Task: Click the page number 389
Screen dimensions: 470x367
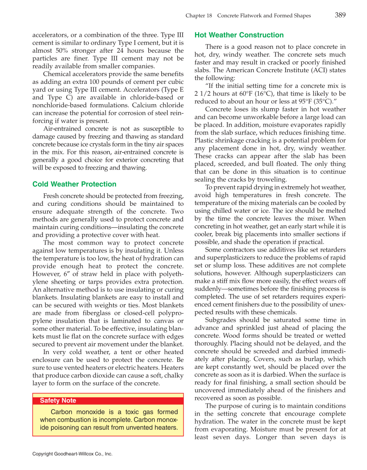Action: [340, 15]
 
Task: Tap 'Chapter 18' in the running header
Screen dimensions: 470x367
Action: [199, 16]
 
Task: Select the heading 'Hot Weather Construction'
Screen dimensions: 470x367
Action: [239, 35]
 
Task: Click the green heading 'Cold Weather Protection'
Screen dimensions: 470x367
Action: [74, 184]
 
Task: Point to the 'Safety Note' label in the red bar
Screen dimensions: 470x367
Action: [58, 400]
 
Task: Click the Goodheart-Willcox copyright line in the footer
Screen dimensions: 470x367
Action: [72, 454]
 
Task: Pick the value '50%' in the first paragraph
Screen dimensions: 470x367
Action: [61, 51]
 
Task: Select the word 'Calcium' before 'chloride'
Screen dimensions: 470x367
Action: [140, 106]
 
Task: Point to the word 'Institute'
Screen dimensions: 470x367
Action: [301, 70]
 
